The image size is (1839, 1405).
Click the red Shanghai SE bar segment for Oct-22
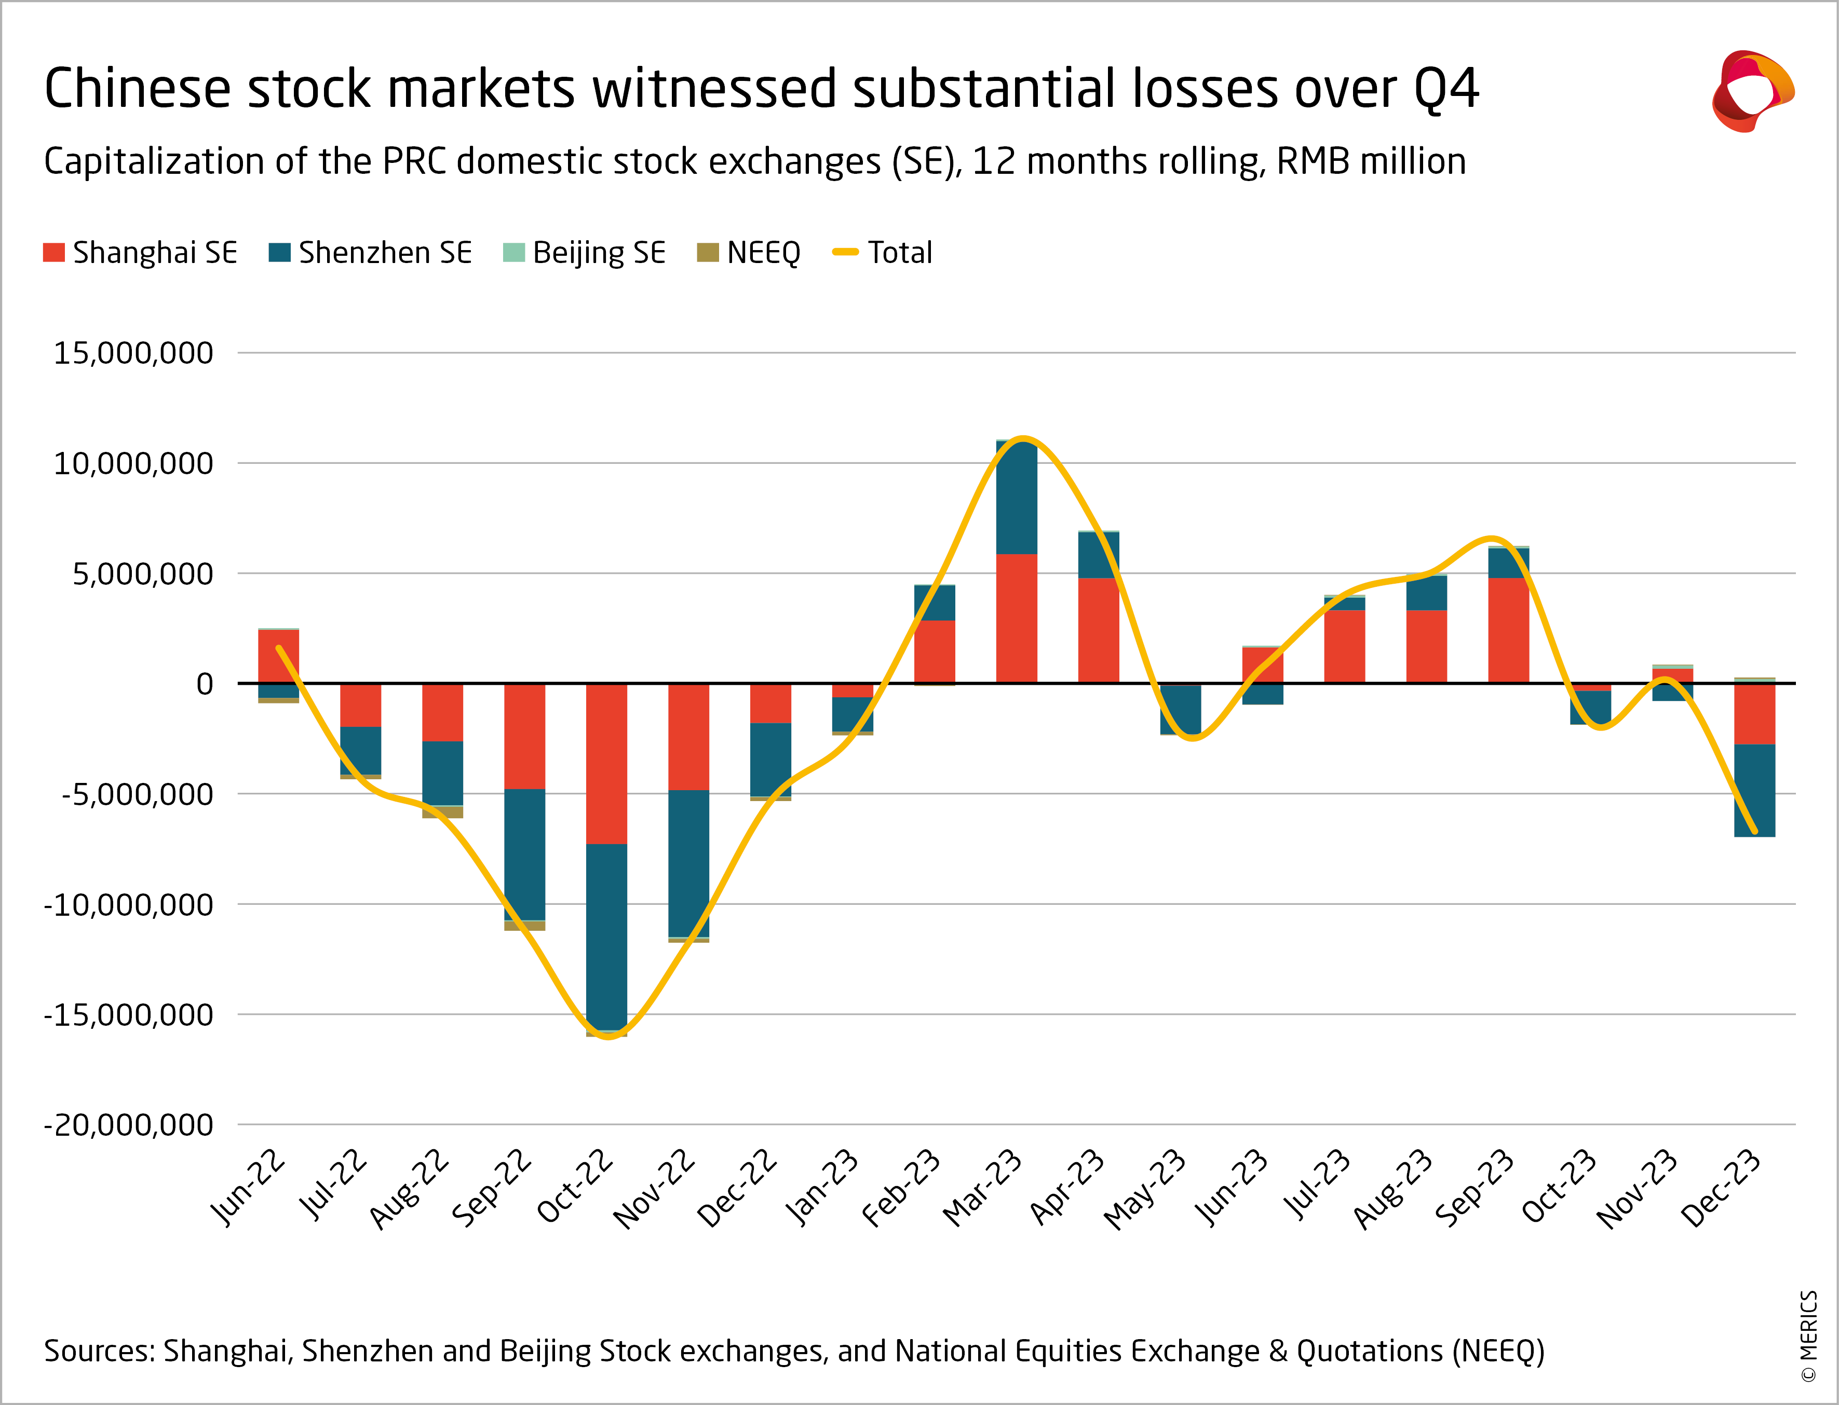[606, 764]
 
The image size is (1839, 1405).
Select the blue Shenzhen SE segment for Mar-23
[1017, 498]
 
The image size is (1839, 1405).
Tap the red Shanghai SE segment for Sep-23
[1508, 630]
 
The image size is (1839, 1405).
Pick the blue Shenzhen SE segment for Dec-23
[1754, 790]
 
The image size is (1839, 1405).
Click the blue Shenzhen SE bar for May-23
[1181, 709]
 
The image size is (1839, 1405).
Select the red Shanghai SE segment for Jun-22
[279, 656]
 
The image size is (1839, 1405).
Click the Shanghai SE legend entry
[141, 253]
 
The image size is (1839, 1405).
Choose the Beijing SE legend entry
[584, 253]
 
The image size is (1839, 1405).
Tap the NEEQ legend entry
[749, 253]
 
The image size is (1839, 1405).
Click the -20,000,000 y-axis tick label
[129, 1125]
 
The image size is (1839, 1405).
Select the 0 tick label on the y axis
[205, 684]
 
